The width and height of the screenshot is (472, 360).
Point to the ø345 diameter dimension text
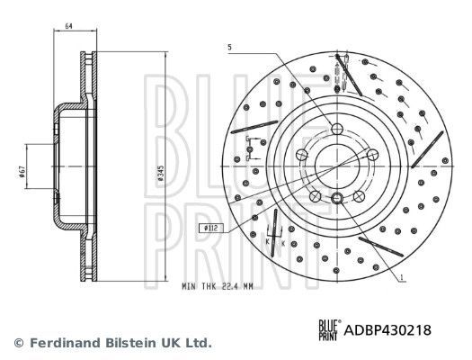(159, 171)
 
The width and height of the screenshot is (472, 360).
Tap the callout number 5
(230, 46)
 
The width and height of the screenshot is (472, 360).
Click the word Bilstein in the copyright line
(128, 343)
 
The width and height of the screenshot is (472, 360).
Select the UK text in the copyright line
(170, 343)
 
